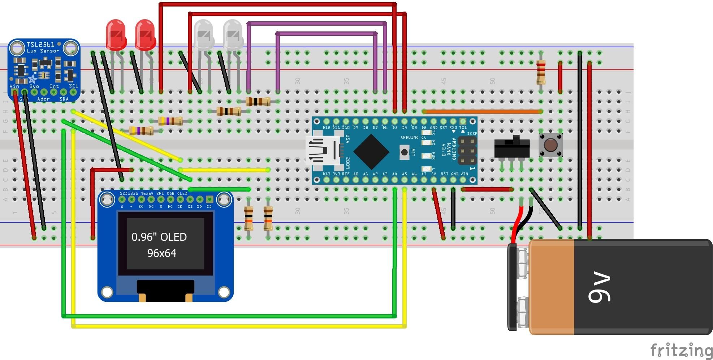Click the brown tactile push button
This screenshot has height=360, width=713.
click(550, 145)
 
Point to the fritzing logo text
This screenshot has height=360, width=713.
click(681, 351)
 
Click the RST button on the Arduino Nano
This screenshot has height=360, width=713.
click(405, 152)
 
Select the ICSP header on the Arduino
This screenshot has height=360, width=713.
click(467, 151)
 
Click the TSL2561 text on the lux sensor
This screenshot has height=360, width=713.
click(40, 44)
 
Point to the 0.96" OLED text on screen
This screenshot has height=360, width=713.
click(159, 237)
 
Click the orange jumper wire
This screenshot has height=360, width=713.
click(482, 112)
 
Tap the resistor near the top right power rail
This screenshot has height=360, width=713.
click(541, 72)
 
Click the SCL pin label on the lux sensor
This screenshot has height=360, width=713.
click(73, 86)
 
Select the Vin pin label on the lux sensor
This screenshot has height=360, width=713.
click(14, 86)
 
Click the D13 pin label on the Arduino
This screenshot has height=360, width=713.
click(326, 174)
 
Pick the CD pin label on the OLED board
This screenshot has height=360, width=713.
click(209, 206)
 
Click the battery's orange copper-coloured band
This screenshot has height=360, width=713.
click(552, 287)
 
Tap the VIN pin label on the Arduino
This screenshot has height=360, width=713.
click(464, 174)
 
